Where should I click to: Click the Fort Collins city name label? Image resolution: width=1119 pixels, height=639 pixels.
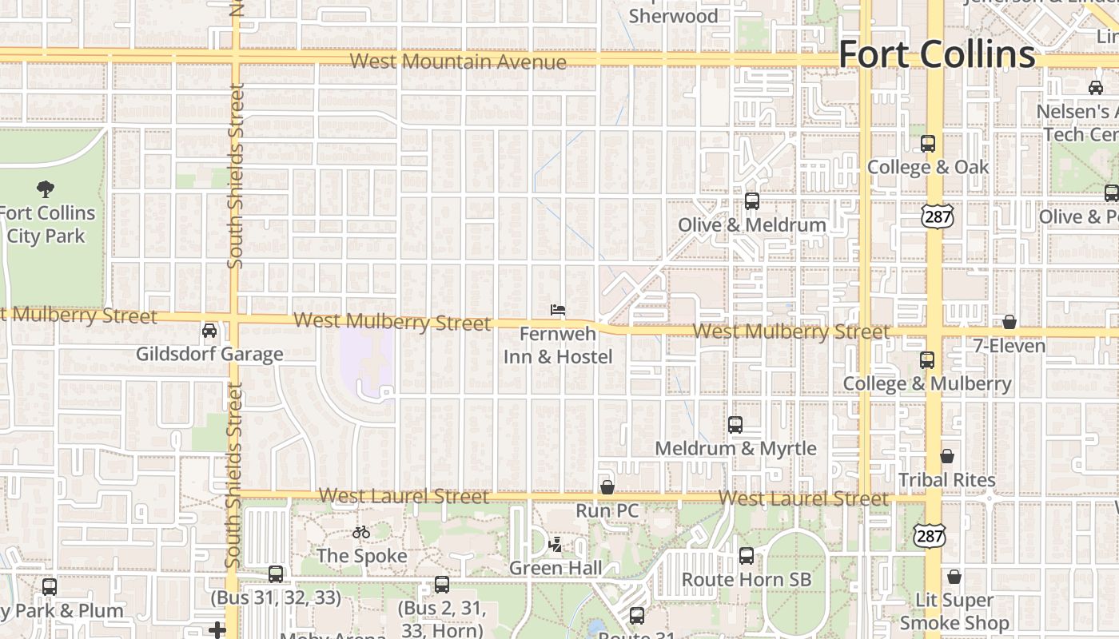[937, 54]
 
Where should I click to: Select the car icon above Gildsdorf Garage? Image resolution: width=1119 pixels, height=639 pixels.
[209, 330]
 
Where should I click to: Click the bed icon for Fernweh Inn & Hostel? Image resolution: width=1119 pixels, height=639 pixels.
[558, 309]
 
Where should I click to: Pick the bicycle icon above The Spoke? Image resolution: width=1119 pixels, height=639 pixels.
[361, 532]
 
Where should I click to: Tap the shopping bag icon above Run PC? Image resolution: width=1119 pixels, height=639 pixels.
[607, 486]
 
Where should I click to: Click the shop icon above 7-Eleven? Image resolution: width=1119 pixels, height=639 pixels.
[1009, 322]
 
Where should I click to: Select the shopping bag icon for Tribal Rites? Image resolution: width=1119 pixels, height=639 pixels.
[947, 456]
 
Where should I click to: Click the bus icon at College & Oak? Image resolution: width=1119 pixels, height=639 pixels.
[928, 144]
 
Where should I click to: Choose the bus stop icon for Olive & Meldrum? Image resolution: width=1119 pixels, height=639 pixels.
[752, 201]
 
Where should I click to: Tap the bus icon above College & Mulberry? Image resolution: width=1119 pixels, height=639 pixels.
[927, 360]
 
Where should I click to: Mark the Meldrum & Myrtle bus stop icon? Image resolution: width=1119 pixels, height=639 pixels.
[735, 425]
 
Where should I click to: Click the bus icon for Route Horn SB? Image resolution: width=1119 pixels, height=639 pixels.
[747, 556]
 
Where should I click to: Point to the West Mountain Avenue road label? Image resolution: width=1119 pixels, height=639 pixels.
[458, 62]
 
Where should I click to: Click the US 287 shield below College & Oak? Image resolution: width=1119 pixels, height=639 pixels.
[936, 216]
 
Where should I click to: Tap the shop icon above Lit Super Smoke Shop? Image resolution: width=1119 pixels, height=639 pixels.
[954, 577]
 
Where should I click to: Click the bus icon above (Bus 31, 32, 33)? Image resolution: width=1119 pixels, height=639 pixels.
[276, 574]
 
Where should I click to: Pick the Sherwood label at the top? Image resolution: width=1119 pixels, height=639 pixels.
[673, 16]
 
